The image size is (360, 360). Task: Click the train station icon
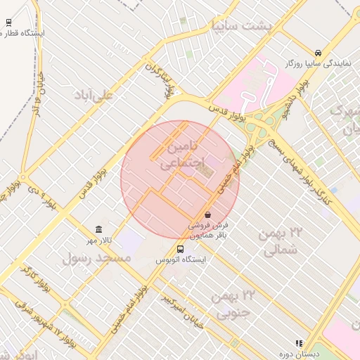tap(8, 22)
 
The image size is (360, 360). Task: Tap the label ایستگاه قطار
tap(25, 33)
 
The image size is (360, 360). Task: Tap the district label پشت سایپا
tap(240, 25)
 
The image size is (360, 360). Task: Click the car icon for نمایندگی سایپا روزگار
tap(319, 53)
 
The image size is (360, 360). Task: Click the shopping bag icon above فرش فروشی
tap(207, 214)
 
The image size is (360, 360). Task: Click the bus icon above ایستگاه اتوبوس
tap(181, 248)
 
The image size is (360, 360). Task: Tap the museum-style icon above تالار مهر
tap(98, 230)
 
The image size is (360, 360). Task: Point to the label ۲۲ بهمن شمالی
tap(278, 240)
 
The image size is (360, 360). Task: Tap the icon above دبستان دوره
tap(299, 343)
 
